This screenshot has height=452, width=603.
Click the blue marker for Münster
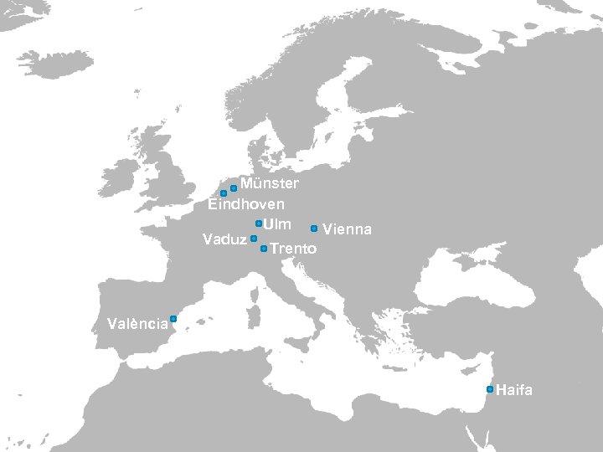coord(234,188)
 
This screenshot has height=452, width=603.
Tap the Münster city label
coord(269,183)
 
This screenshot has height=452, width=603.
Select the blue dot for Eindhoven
coord(224,193)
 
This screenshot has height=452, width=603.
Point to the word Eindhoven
coord(246,204)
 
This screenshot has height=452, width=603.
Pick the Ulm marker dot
coord(259,223)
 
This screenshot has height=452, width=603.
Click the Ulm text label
coord(277,224)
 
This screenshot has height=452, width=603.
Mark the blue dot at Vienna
coord(314,228)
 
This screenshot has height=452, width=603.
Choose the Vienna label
coord(347,229)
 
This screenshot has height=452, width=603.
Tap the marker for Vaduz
coord(254,239)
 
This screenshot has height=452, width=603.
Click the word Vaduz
coord(224,239)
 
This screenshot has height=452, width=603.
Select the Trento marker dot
coord(264,249)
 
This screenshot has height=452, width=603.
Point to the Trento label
coord(293,249)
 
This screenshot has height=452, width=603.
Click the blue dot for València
coord(173,319)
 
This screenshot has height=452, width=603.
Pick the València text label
coord(137,324)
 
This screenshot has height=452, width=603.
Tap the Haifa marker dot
coord(490,389)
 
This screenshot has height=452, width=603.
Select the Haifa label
coord(514,391)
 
